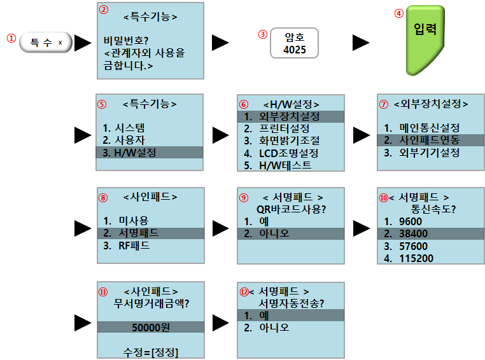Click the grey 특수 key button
46,43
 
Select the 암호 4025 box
293,43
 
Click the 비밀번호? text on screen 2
127,41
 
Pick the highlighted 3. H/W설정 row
150,152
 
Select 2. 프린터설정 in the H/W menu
281,129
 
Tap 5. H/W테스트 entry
278,165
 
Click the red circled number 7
383,103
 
